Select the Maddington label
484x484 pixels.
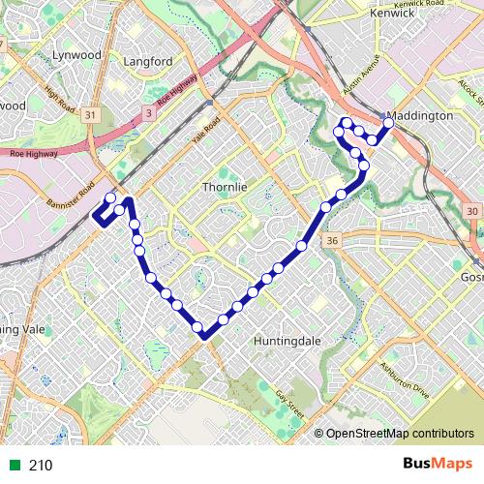coord(422,115)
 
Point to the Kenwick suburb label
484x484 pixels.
coord(393,15)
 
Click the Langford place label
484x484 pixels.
coord(149,62)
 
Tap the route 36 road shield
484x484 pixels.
coord(332,240)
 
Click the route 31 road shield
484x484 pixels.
coord(91,114)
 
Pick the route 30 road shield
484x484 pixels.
coord(471,211)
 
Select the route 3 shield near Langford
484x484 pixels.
coord(148,113)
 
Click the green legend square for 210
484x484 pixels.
coord(13,466)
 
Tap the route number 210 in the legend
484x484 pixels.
coord(41,466)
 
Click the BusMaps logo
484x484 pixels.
coord(432,465)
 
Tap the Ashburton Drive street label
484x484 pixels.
coord(405,378)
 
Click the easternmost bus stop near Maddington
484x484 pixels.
coord(389,124)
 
